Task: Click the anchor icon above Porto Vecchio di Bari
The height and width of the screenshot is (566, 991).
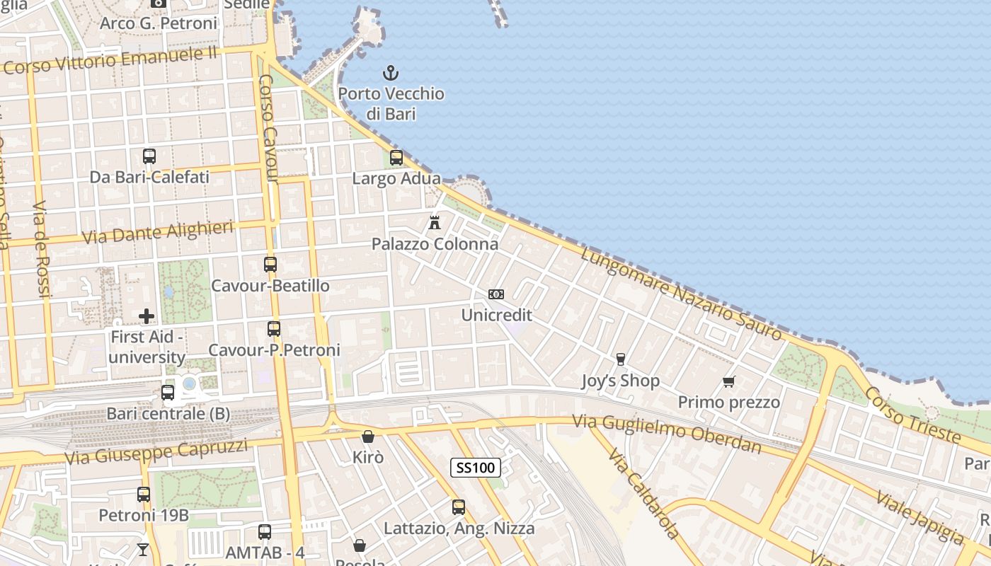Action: [x=390, y=72]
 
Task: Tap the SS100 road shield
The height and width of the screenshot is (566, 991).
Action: [x=476, y=467]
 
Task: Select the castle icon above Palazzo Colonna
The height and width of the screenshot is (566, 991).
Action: [x=435, y=223]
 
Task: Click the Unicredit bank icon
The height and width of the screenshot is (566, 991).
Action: [x=496, y=294]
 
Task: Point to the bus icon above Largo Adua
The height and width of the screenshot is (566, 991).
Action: [x=396, y=158]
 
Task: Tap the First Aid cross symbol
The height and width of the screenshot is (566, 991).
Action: [x=147, y=316]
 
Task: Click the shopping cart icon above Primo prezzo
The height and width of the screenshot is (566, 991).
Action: [x=729, y=382]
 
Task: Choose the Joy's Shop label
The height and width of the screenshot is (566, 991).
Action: [x=620, y=381]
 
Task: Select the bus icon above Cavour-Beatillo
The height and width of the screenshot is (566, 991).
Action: [x=270, y=265]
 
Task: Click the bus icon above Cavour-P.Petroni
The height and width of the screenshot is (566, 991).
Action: [x=274, y=329]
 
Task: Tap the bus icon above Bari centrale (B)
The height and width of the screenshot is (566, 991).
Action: [x=168, y=393]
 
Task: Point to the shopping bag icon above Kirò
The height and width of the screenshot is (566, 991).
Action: [x=367, y=437]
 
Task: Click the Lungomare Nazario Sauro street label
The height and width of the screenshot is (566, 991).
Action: [x=681, y=294]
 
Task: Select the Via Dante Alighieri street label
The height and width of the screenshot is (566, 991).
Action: [x=158, y=232]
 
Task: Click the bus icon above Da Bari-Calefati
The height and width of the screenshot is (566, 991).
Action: [x=149, y=156]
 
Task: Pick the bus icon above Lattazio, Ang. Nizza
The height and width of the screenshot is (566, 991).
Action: [x=459, y=507]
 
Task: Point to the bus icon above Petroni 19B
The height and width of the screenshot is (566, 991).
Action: [x=144, y=495]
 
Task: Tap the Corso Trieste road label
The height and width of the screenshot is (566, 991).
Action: [x=912, y=415]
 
